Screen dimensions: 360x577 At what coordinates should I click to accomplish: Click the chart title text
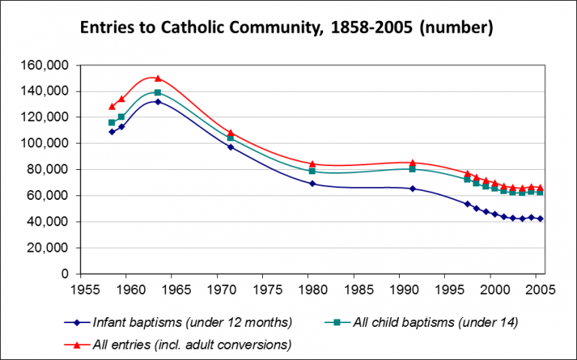288,29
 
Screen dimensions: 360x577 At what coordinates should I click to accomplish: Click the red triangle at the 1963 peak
158,78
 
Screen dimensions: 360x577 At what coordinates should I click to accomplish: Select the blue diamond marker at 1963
158,101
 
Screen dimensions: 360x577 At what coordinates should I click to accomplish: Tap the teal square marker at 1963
158,92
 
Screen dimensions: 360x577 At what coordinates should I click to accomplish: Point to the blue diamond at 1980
313,183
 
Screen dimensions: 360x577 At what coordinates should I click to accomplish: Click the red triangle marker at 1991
412,162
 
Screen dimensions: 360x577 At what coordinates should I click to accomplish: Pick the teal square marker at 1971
231,138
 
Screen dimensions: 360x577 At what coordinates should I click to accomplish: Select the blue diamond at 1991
412,189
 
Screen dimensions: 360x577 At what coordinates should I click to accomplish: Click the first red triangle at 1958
112,107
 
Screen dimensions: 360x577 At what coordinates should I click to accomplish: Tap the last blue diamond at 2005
540,219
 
